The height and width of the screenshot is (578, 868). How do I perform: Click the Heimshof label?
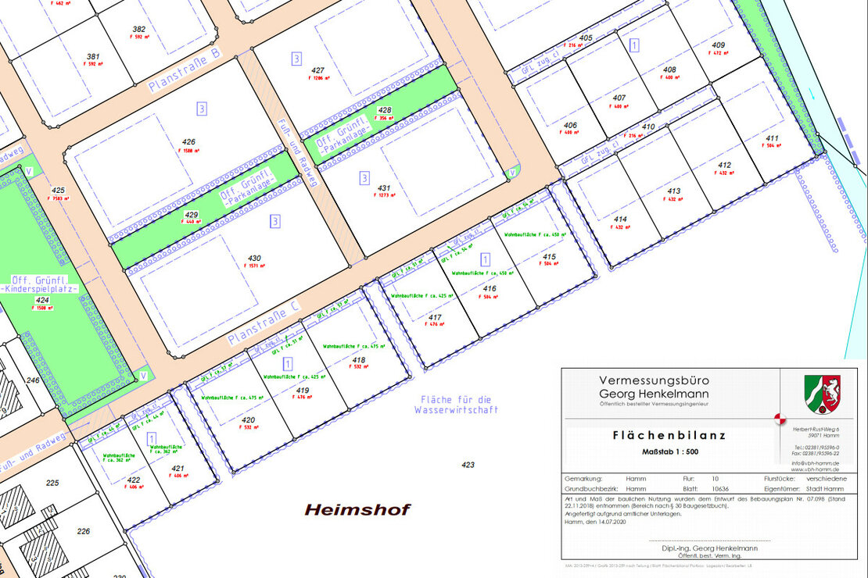click(x=357, y=510)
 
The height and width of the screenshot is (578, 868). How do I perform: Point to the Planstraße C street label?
click(x=264, y=324)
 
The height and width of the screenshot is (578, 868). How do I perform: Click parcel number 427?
click(x=317, y=70)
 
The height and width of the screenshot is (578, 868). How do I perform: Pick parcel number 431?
click(x=384, y=188)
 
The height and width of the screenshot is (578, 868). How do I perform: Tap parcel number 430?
click(x=254, y=258)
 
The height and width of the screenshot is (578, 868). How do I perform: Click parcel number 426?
click(x=188, y=142)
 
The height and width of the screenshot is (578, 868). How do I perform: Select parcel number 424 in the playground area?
click(x=42, y=300)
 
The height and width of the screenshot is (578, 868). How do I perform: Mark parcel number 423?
click(x=468, y=465)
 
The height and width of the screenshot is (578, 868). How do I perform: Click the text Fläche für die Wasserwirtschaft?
click(x=456, y=404)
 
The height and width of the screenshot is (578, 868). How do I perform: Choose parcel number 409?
click(x=719, y=45)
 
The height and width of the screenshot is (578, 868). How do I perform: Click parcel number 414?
click(x=620, y=219)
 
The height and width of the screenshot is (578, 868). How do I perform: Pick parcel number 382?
click(x=139, y=29)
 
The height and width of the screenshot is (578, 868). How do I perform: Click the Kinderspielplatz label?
click(x=43, y=289)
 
